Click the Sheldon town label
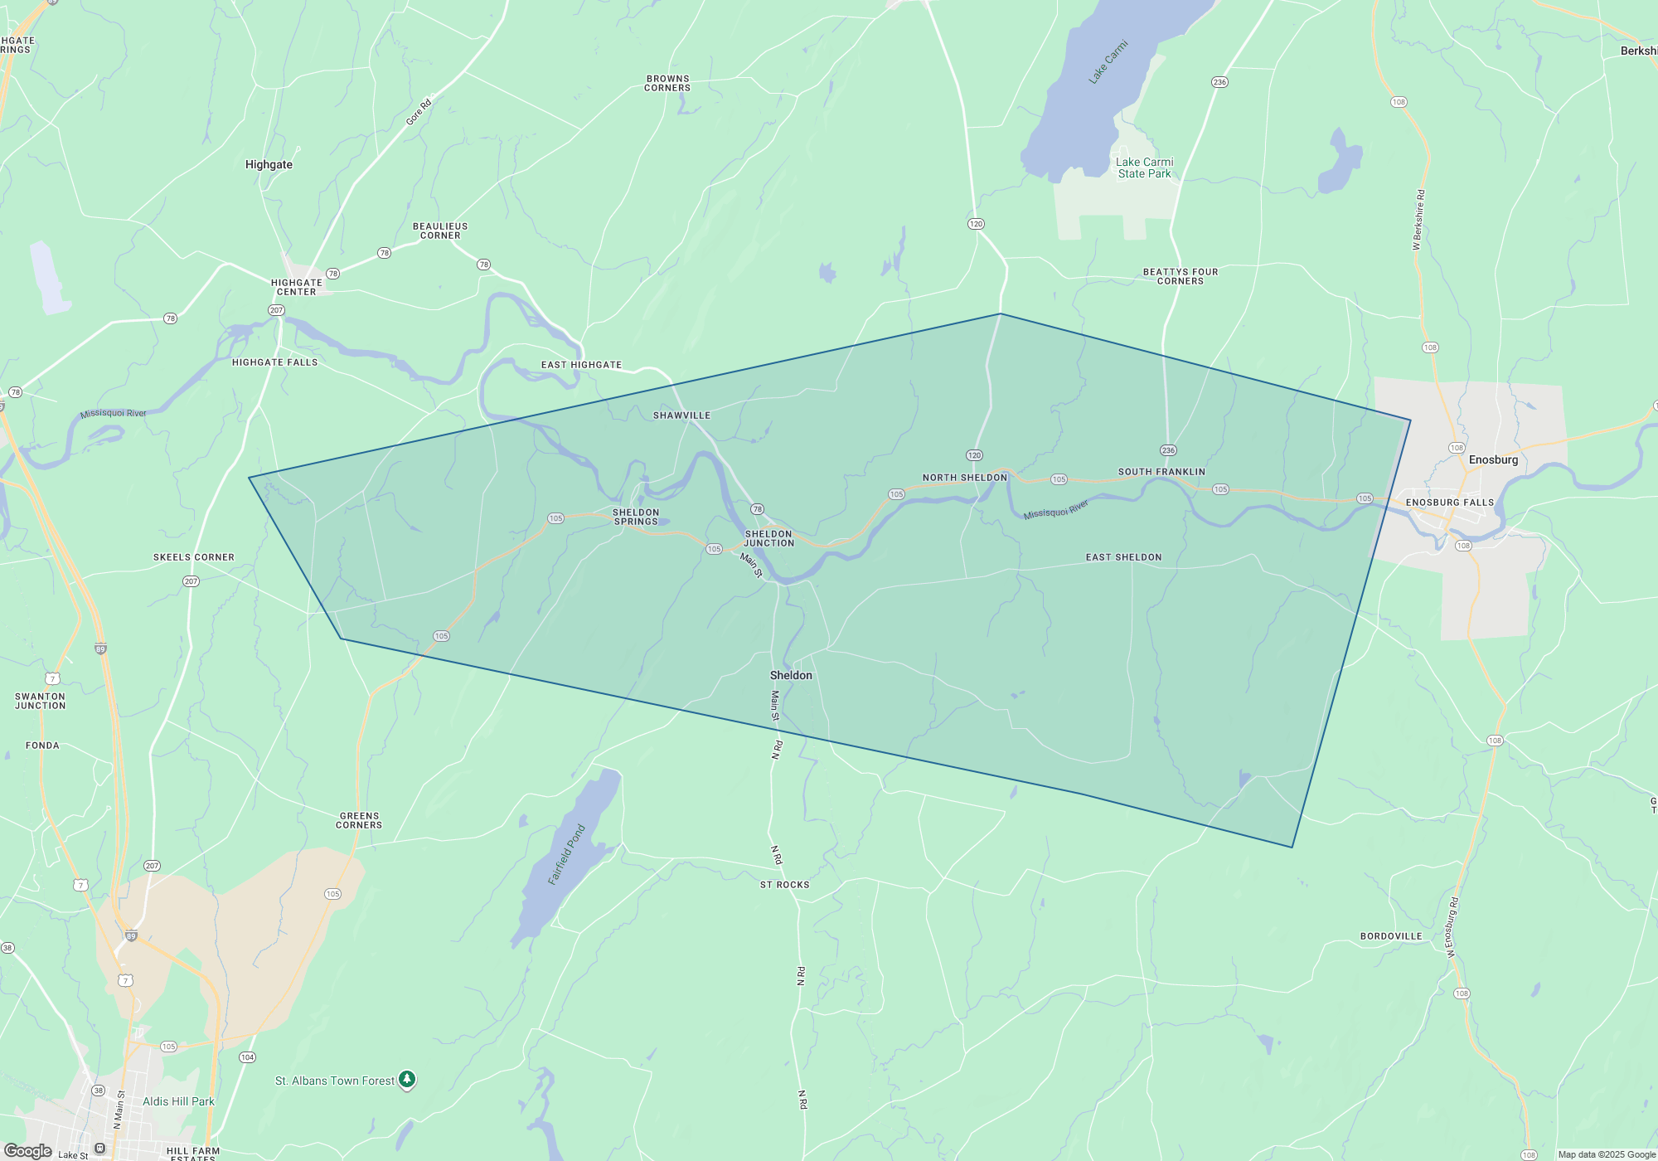[x=791, y=675]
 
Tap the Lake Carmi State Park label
[x=1144, y=168]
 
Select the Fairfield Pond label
[x=567, y=854]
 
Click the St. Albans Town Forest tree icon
[x=406, y=1079]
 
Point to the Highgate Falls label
[x=274, y=362]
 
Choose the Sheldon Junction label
[x=769, y=538]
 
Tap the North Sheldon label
[x=964, y=478]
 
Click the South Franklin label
[x=1161, y=472]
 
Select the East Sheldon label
[x=1123, y=557]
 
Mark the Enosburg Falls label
[x=1449, y=503]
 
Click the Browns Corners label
[x=667, y=83]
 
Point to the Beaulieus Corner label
[x=440, y=231]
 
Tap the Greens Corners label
[x=359, y=820]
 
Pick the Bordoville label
[x=1391, y=936]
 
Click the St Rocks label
[x=784, y=885]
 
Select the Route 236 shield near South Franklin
[x=1168, y=450]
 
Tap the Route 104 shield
[x=247, y=1057]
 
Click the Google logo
[x=28, y=1151]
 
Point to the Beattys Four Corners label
[x=1180, y=276]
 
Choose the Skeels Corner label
[x=193, y=557]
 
